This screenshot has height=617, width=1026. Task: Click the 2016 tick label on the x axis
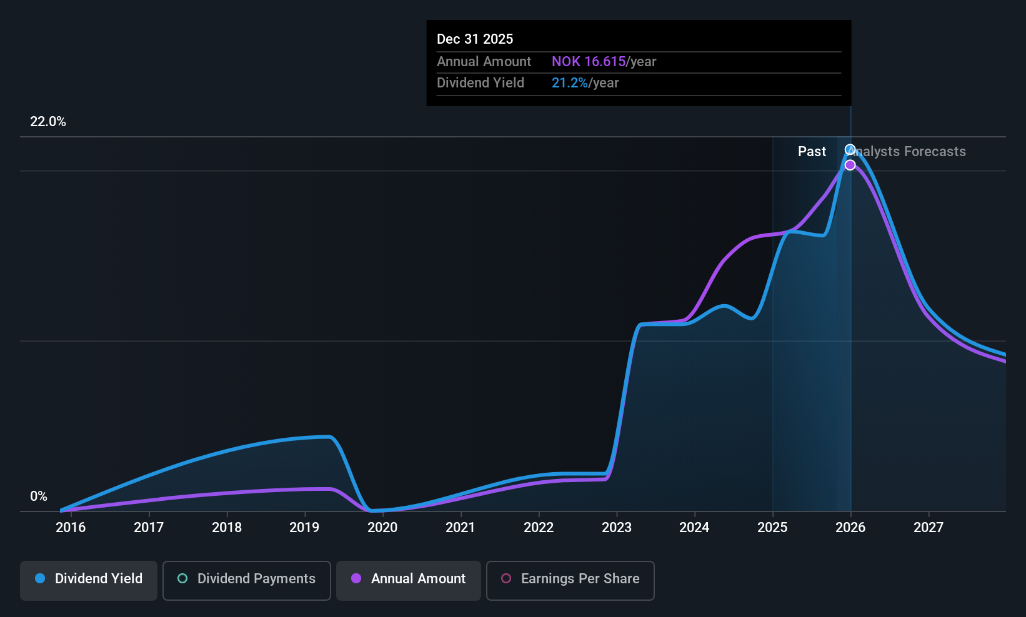(71, 527)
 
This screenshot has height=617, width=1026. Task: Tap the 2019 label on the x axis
(304, 527)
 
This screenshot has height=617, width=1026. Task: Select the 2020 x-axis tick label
(382, 527)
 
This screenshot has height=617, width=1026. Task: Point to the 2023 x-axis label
(617, 527)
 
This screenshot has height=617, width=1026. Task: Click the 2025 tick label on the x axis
(772, 527)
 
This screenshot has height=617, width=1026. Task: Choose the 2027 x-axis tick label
(929, 527)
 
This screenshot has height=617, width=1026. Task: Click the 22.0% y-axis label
(48, 122)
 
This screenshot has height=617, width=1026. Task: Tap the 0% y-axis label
(39, 496)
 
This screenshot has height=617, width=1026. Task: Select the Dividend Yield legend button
(89, 579)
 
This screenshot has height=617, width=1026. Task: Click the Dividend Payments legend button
(247, 579)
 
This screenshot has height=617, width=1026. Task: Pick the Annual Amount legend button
(409, 579)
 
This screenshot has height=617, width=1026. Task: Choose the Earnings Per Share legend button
(570, 579)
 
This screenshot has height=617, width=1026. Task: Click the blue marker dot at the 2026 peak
(850, 149)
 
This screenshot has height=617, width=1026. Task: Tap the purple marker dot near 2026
(850, 165)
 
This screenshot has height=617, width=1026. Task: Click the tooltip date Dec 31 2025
(475, 39)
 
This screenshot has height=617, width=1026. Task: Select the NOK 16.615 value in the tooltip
(589, 62)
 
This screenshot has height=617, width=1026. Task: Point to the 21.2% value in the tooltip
(569, 83)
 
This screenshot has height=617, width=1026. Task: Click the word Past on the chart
(812, 152)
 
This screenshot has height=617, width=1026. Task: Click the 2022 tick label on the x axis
(539, 527)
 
